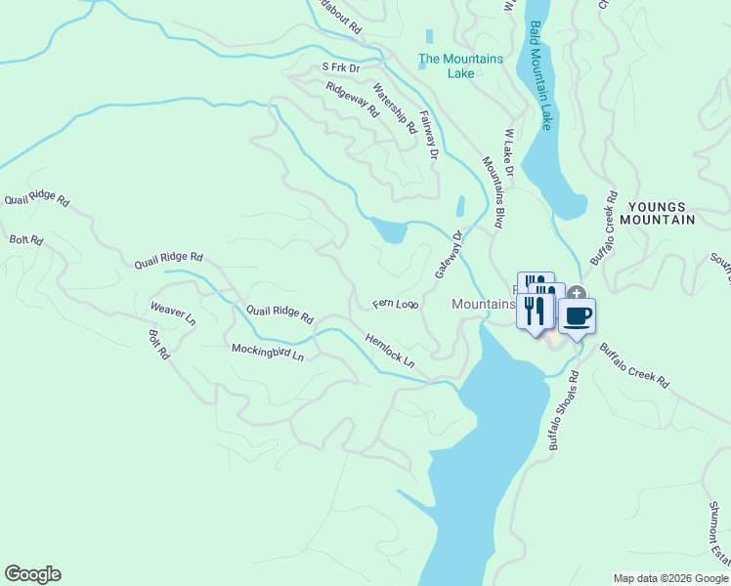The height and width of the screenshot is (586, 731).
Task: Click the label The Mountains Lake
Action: click(x=460, y=65)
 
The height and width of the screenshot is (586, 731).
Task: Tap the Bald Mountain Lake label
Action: click(x=540, y=75)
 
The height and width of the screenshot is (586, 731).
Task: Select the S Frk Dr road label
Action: click(x=341, y=67)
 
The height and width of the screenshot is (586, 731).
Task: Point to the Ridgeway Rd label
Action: click(x=352, y=99)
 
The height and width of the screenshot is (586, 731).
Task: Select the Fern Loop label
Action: click(x=396, y=305)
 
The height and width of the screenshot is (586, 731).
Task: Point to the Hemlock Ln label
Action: click(x=390, y=352)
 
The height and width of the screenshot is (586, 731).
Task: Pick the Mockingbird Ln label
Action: click(x=268, y=351)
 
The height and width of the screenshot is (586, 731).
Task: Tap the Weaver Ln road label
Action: click(x=173, y=313)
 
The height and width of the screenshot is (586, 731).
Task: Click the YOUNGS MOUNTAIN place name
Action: click(x=661, y=213)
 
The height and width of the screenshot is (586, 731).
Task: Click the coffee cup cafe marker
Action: click(x=577, y=317)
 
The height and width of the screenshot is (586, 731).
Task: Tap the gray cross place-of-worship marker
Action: click(x=577, y=292)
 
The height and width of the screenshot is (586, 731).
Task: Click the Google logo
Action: click(x=32, y=574)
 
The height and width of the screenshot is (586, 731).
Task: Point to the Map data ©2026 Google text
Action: click(x=669, y=578)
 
